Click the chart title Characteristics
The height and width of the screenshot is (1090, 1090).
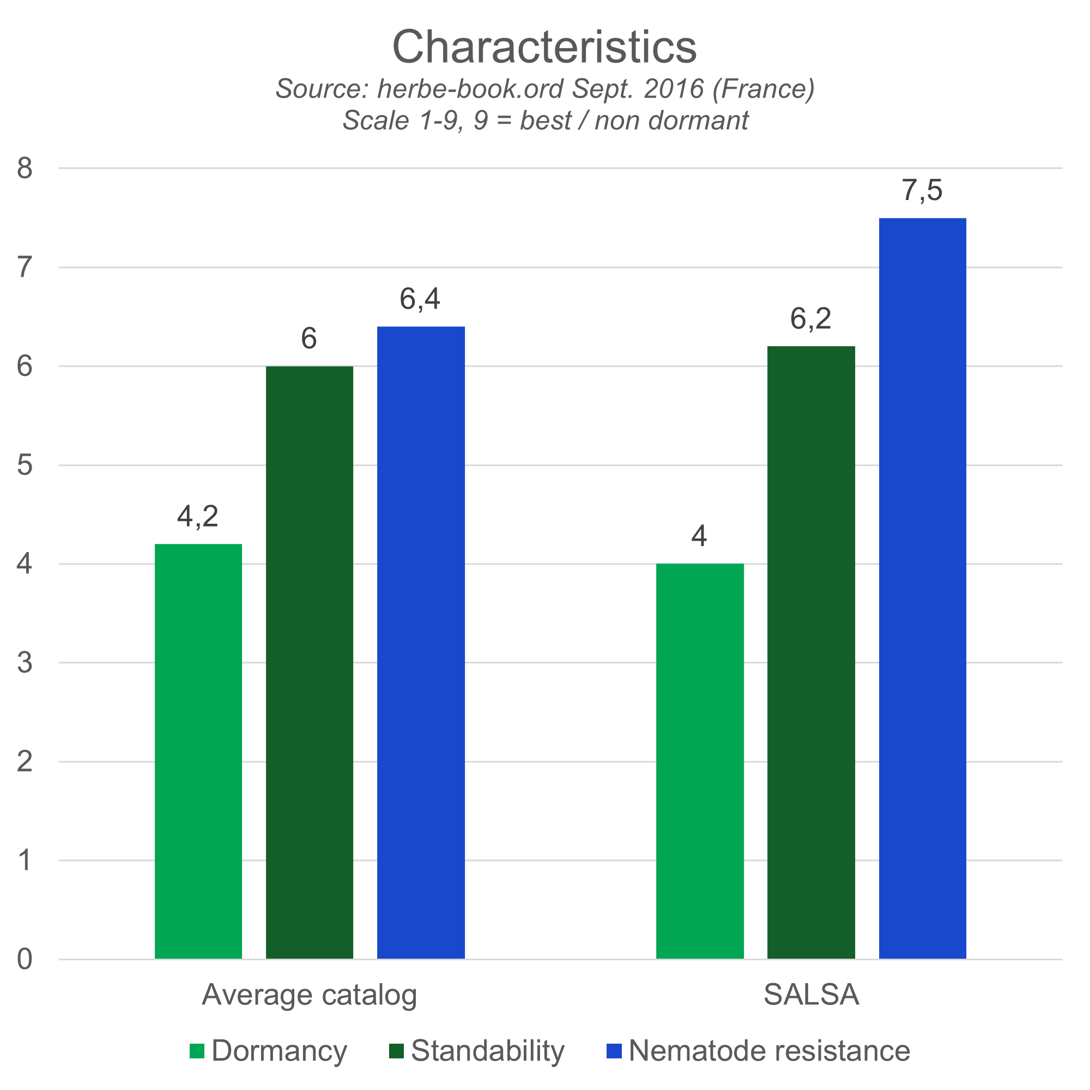pos(544,47)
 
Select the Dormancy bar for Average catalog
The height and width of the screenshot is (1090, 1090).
pos(198,750)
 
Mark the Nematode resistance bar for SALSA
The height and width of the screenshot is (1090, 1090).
pos(923,588)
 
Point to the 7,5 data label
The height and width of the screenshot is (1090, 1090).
pos(922,190)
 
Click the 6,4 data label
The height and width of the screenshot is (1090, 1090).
pos(420,299)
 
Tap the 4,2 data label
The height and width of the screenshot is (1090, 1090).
pos(197,516)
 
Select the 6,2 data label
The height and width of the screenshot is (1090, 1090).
pos(811,319)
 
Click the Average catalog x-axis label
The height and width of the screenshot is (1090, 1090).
pos(309,995)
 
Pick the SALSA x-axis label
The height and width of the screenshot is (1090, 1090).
pos(812,995)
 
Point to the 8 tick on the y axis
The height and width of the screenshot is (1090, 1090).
pos(25,168)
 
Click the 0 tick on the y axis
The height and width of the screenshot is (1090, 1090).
pos(25,959)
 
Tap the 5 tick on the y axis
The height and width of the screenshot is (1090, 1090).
pos(25,465)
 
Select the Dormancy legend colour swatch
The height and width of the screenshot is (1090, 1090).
pos(197,1051)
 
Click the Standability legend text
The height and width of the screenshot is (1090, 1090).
pos(487,1051)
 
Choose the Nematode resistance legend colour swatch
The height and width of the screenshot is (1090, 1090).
pos(614,1051)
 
